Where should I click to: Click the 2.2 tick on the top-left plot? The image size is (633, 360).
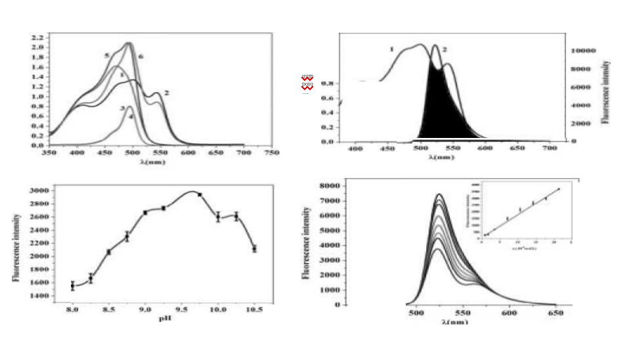(x=37, y=37)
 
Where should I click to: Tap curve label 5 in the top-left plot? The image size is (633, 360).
(x=106, y=56)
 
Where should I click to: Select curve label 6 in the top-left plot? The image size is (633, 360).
(x=141, y=58)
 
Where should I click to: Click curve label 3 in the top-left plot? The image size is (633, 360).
(x=122, y=108)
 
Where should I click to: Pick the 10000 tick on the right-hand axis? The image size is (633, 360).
(x=583, y=51)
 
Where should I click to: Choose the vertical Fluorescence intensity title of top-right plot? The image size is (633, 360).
(x=606, y=92)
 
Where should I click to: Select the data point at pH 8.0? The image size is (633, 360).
(x=73, y=286)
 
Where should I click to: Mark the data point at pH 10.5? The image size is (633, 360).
(x=254, y=248)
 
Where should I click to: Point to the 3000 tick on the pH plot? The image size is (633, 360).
(x=38, y=191)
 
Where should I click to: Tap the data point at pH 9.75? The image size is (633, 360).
(x=200, y=194)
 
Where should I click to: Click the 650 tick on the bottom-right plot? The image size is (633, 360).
(x=555, y=314)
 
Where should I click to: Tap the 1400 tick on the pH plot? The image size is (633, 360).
(x=38, y=296)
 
